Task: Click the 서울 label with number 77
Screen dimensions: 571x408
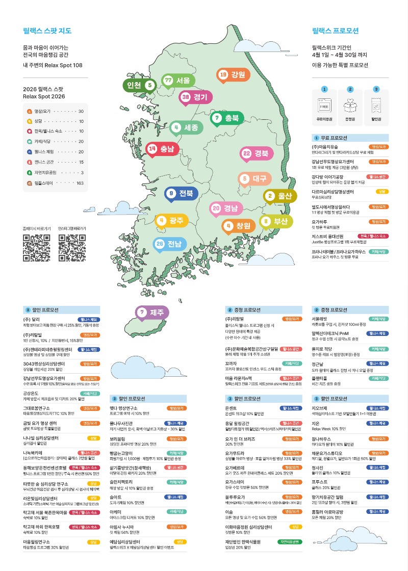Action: click(x=177, y=81)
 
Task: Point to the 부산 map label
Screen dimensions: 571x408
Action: click(x=276, y=221)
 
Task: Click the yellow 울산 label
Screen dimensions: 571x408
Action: click(x=280, y=196)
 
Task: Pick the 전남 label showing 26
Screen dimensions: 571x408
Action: click(x=169, y=244)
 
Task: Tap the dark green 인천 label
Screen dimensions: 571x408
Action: click(x=139, y=85)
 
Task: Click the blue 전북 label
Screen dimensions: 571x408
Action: click(x=181, y=193)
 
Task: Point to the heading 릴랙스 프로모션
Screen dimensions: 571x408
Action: click(x=336, y=31)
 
